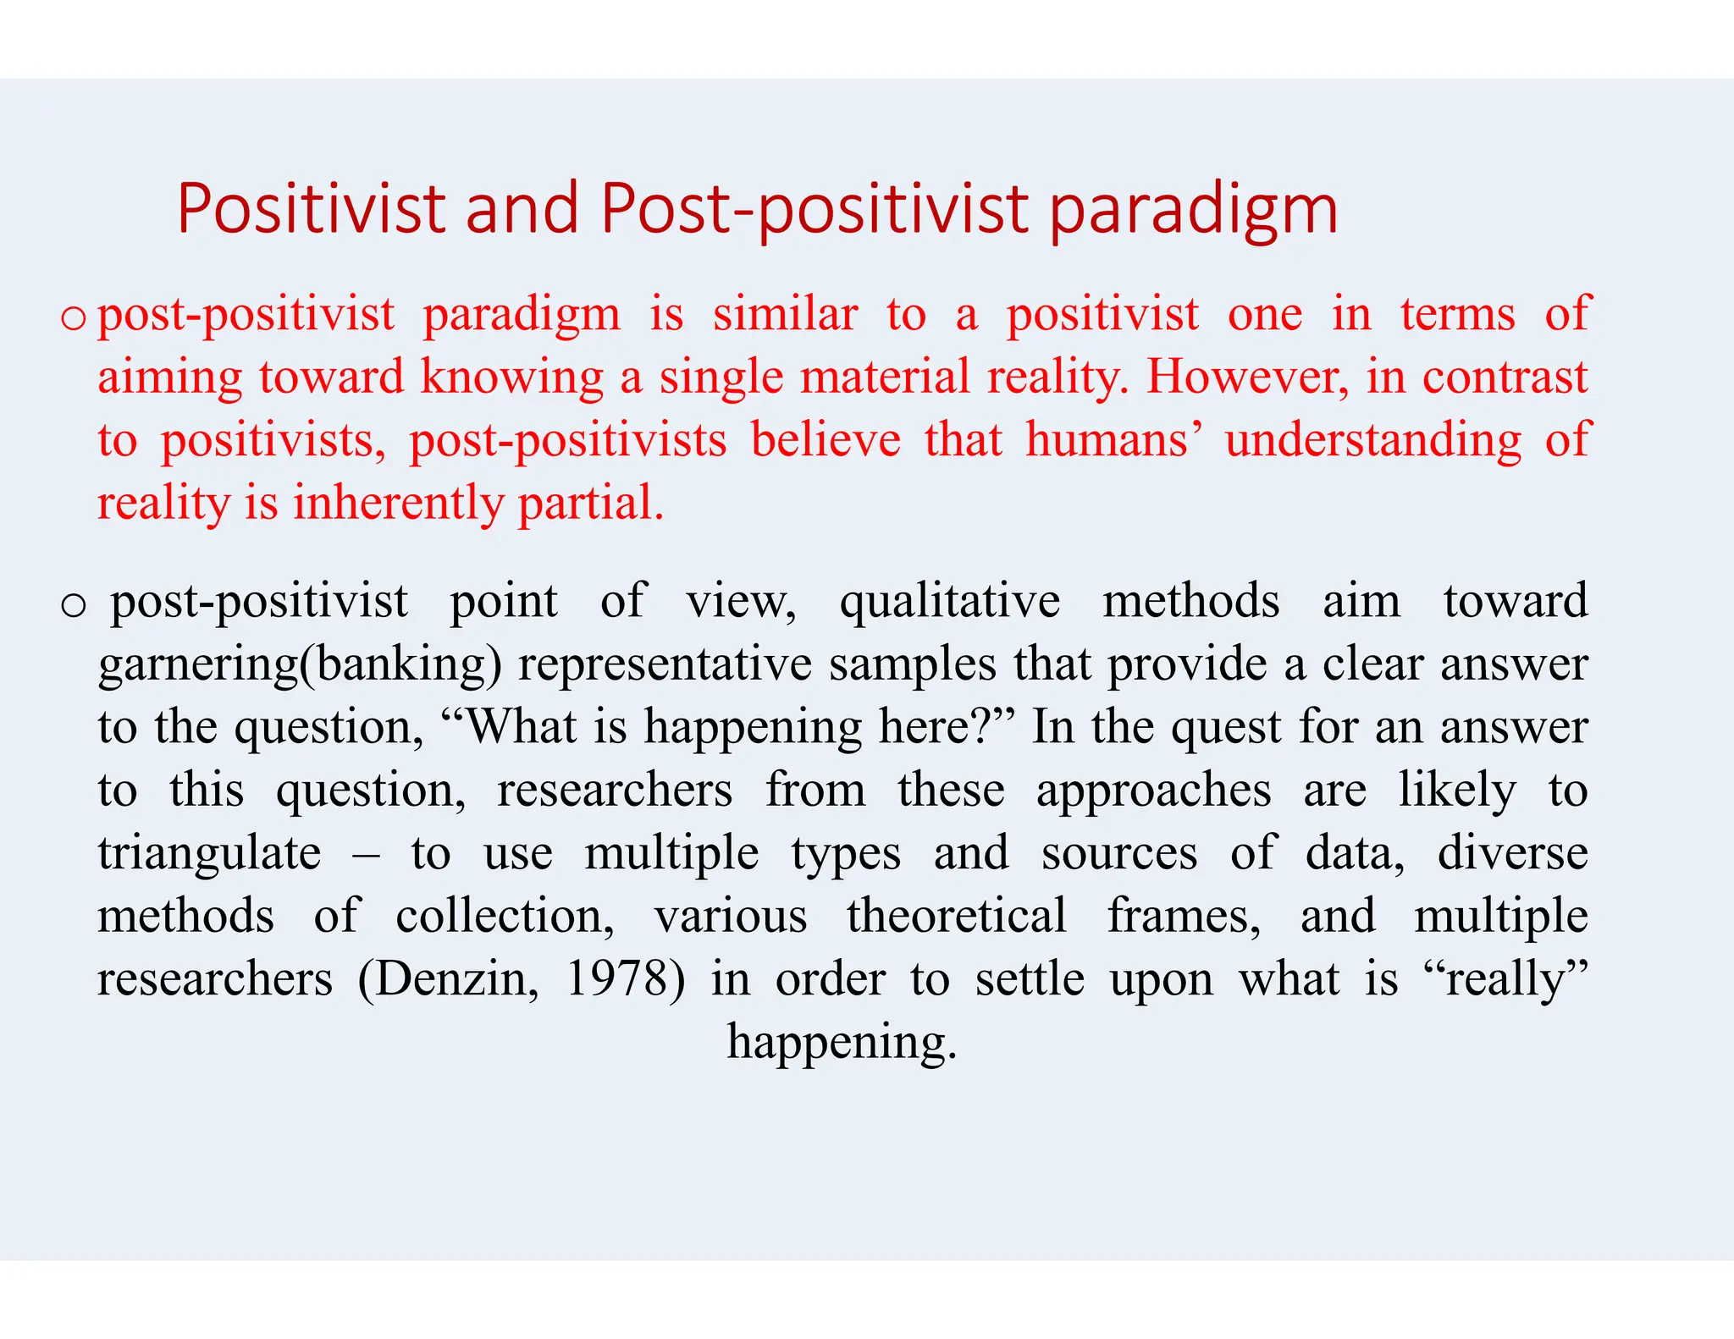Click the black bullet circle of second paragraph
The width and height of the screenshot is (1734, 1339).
click(74, 605)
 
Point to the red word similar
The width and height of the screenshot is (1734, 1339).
click(785, 314)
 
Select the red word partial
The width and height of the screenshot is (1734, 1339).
click(590, 504)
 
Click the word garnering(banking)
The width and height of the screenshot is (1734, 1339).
click(300, 665)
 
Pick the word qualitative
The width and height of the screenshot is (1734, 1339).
click(949, 602)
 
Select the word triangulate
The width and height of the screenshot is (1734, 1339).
click(209, 853)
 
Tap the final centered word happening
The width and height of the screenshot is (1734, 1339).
click(842, 1043)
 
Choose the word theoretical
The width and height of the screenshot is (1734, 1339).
click(956, 916)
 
